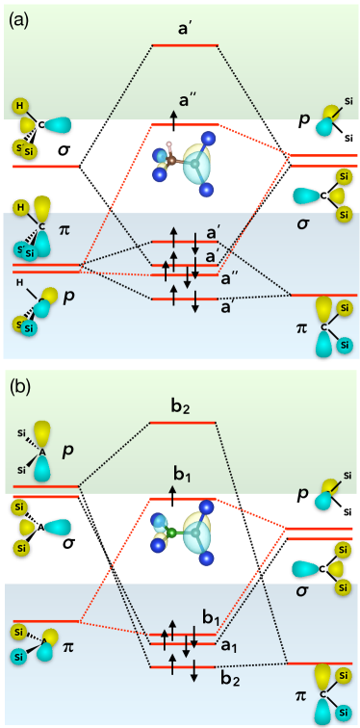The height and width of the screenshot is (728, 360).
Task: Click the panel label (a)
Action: [19, 16]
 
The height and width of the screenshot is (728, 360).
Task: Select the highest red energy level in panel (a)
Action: [185, 45]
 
